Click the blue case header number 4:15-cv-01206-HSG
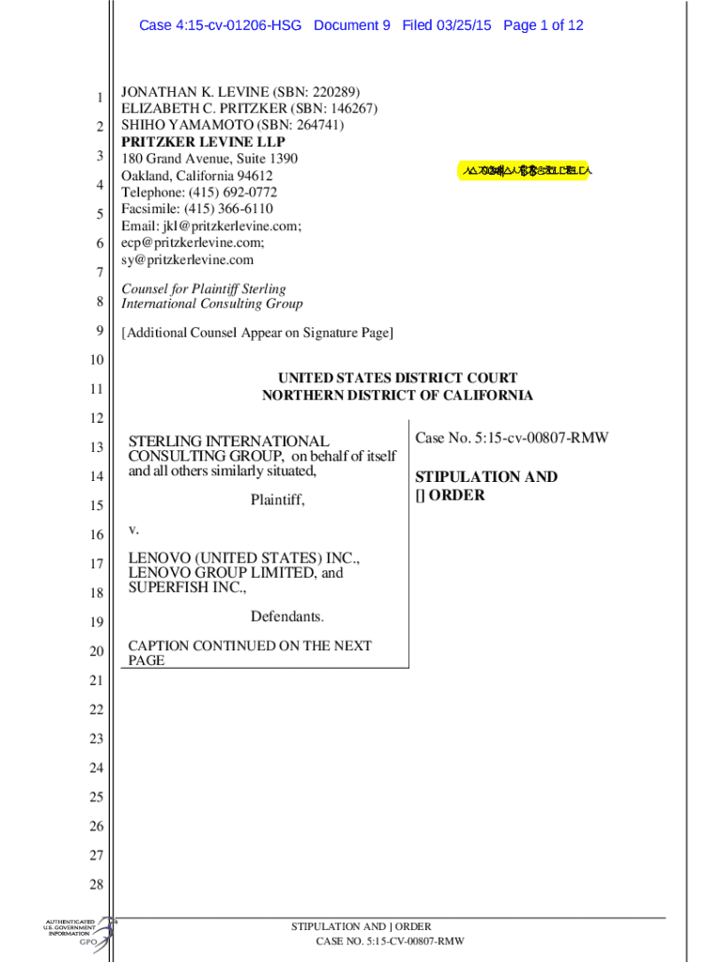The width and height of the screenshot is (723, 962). click(x=221, y=25)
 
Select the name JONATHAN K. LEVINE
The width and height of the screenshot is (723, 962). click(x=192, y=92)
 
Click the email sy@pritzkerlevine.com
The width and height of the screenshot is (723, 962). click(x=188, y=259)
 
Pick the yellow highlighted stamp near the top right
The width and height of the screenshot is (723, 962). click(x=525, y=171)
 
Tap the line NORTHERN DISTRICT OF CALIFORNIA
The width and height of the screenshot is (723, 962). click(x=397, y=396)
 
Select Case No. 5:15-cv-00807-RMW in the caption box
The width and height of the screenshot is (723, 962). click(x=511, y=438)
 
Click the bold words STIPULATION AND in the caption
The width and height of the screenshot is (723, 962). click(x=486, y=477)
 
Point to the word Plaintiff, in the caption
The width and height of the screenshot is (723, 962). click(x=278, y=501)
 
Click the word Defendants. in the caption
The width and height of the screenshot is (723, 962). click(x=287, y=617)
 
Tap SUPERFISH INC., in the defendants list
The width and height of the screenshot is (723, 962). click(x=188, y=588)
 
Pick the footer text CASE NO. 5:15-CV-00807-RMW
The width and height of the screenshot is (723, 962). click(x=390, y=942)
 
